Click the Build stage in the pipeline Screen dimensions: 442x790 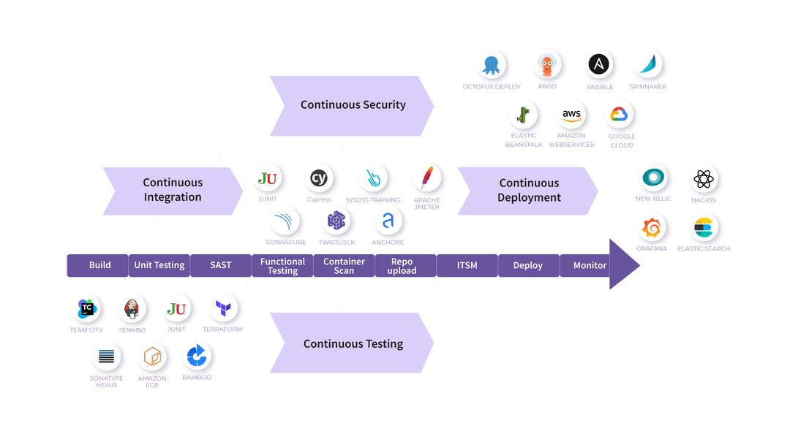pos(99,265)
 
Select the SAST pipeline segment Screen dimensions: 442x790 pos(220,265)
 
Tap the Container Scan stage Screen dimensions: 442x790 pos(344,266)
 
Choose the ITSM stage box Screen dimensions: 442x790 pos(467,265)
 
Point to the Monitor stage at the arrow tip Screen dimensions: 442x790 pos(590,265)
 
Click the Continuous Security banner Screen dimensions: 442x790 pos(353,105)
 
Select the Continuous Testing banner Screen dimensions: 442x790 pos(353,343)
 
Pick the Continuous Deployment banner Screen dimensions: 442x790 pos(529,191)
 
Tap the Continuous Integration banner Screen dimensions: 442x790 pos(173,190)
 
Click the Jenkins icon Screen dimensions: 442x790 pos(132,309)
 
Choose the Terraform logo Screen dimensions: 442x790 pos(222,309)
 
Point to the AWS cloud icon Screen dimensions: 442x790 pos(571,114)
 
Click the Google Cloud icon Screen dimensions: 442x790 pos(619,114)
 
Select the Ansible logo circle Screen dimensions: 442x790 pos(599,64)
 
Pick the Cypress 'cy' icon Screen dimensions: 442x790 pos(318,178)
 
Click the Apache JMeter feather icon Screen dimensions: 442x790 pos(426,178)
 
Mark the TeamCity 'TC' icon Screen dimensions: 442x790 pos(86,308)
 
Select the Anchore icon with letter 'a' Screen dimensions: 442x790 pos(388,220)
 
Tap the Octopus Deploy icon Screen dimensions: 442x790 pos(491,65)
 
